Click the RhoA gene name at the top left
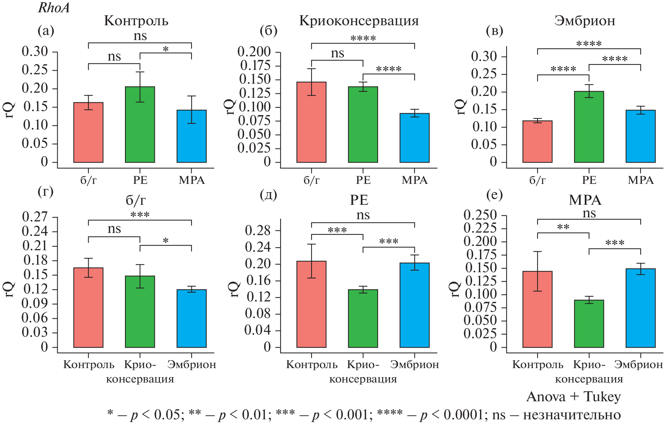click(x=54, y=8)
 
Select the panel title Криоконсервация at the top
click(x=359, y=21)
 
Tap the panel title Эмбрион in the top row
click(x=585, y=21)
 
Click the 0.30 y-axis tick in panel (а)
click(x=35, y=52)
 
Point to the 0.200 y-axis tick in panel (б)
click(x=254, y=52)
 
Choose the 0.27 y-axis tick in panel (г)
click(x=35, y=217)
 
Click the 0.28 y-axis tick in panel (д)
click(x=257, y=230)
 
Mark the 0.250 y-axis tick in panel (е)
click(x=480, y=215)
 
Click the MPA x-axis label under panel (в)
click(x=641, y=180)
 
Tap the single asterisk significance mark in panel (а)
click(x=166, y=49)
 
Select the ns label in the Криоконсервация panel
click(x=337, y=53)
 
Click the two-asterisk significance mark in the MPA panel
click(x=563, y=227)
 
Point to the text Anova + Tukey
click(x=574, y=397)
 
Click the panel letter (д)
click(x=268, y=195)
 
